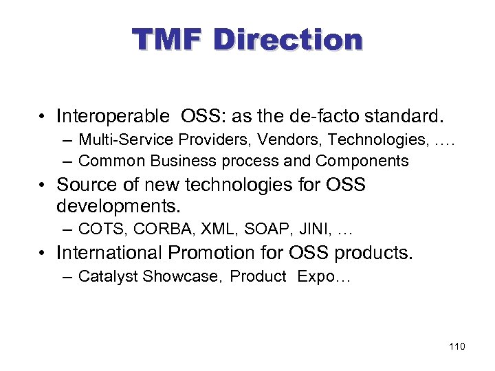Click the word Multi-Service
click(x=126, y=140)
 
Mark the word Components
click(x=362, y=161)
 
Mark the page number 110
click(x=456, y=346)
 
